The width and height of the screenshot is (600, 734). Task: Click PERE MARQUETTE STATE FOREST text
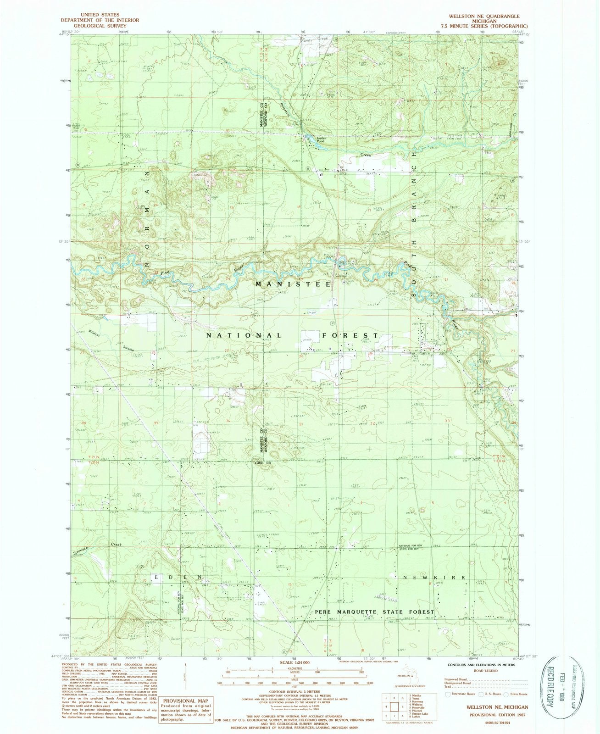(x=375, y=612)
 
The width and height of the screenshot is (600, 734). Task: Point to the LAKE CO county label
(x=265, y=463)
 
